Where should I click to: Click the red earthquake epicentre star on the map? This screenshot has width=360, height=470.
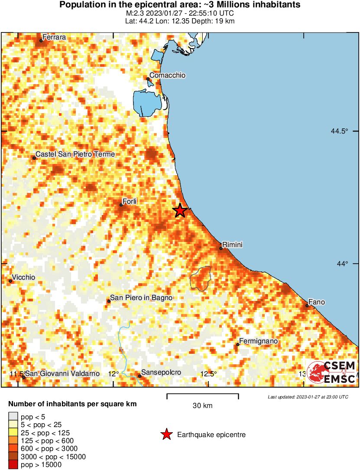click(180, 211)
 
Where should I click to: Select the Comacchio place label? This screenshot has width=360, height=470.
click(167, 75)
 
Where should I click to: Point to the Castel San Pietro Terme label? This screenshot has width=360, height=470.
click(75, 154)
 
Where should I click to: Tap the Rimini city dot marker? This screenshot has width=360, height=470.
click(221, 248)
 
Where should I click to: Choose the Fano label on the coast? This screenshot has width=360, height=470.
click(316, 302)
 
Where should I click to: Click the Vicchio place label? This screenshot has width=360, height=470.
click(24, 277)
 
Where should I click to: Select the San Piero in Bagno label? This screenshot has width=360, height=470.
click(141, 297)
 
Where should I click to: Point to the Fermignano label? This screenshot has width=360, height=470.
click(258, 341)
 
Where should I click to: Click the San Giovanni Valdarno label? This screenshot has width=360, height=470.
click(62, 374)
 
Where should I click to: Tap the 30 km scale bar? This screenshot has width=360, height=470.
click(202, 395)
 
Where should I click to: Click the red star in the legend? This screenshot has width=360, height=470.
click(166, 434)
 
